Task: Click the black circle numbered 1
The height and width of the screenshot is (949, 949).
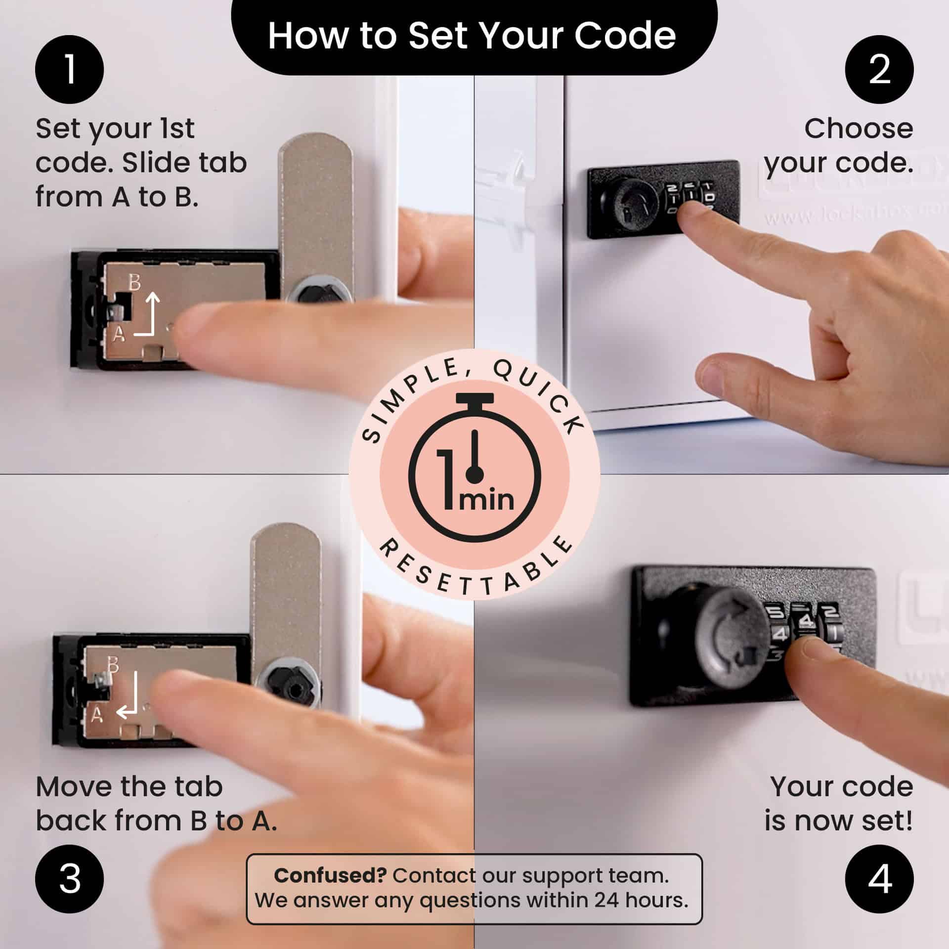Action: coord(69,69)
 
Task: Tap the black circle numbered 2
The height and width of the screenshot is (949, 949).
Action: coord(879,69)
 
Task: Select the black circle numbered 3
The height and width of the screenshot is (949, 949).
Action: coord(69,879)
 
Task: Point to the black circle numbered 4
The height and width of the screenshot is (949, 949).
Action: coord(879,879)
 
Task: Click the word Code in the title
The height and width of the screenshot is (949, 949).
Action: coord(625,36)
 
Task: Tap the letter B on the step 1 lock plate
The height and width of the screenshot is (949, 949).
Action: coord(134,283)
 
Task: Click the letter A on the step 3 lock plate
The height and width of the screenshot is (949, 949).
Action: coord(97,715)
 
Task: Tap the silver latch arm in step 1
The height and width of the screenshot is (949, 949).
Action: coord(316,208)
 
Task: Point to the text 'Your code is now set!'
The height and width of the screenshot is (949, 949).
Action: coord(839,803)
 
